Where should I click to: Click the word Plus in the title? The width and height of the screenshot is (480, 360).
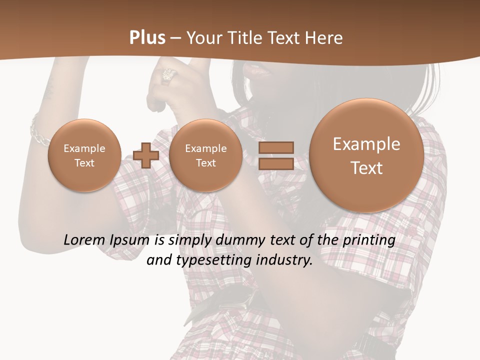(x=147, y=38)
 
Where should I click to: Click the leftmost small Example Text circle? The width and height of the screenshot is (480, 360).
(x=84, y=155)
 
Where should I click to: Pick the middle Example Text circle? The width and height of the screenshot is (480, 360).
(x=205, y=155)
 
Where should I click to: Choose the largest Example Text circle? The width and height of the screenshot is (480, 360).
(x=366, y=155)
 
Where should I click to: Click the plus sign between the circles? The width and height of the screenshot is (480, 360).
(x=146, y=155)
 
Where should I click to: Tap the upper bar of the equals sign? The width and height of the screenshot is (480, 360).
(x=275, y=147)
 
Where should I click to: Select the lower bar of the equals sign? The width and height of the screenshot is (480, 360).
(x=275, y=163)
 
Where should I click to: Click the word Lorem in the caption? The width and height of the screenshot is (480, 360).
(x=83, y=240)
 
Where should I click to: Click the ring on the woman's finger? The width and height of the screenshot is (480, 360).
(x=168, y=75)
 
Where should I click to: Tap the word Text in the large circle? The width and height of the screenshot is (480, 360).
(x=366, y=168)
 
